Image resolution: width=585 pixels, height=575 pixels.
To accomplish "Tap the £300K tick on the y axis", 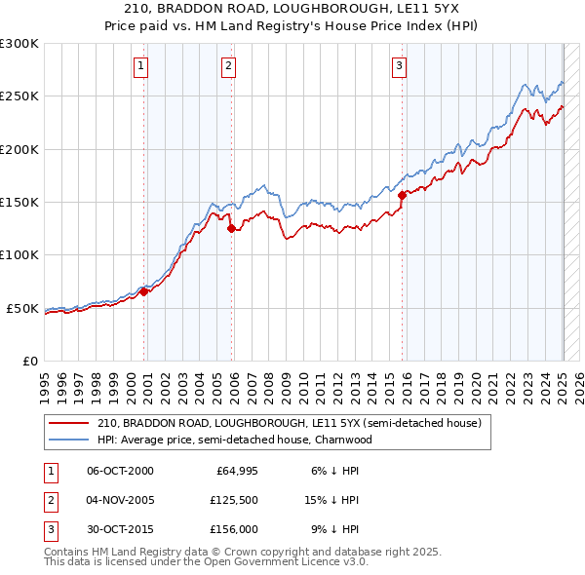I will tap(19, 44).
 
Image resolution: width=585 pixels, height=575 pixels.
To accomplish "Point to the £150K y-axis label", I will tap(19, 203).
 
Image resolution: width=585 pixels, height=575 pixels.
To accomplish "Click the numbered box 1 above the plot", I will tap(141, 66).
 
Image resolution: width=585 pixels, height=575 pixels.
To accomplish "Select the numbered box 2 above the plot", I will tap(227, 66).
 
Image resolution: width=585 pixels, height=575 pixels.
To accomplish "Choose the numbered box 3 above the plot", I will tap(399, 66).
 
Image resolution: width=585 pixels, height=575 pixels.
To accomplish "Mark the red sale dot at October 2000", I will tap(144, 291).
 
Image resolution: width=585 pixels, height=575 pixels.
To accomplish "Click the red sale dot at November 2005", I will tap(231, 229).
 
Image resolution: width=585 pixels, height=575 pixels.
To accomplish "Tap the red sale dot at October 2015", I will tap(402, 195).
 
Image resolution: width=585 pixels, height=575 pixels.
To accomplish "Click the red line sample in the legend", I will tap(68, 424).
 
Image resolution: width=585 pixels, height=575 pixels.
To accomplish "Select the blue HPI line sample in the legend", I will tap(68, 440).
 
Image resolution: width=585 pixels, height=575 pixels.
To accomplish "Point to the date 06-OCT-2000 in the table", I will tap(120, 471).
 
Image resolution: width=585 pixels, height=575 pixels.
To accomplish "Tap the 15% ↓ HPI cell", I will tap(332, 500).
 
